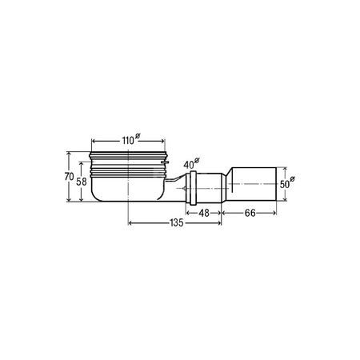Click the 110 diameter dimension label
pyautogui.click(x=130, y=140)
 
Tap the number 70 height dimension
pyautogui.click(x=69, y=177)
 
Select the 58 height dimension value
pyautogui.click(x=82, y=182)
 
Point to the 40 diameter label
pyautogui.click(x=191, y=164)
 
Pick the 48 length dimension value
pyautogui.click(x=204, y=213)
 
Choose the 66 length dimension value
pyautogui.click(x=250, y=213)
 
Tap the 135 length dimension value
pyautogui.click(x=177, y=222)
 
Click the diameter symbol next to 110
pyautogui.click(x=137, y=136)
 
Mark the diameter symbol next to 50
pyautogui.click(x=293, y=179)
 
